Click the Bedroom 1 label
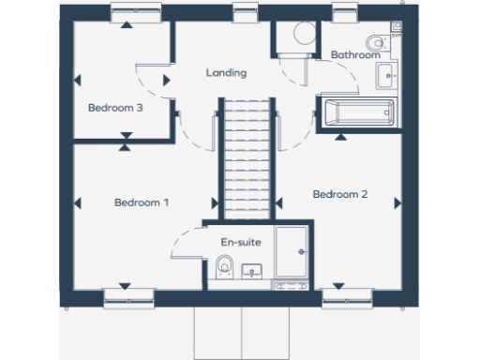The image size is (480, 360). point(142,202)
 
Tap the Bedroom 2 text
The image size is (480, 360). point(339,195)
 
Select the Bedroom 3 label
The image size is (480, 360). point(115,108)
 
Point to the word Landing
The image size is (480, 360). point(226,73)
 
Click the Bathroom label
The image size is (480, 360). point(354,55)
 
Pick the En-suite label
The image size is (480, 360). point(240,243)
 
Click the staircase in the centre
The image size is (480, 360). point(247,160)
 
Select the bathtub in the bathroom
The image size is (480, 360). point(357,112)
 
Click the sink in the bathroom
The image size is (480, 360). point(386,75)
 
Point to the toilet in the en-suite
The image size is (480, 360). point(223,269)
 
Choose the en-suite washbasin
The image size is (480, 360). point(251,272)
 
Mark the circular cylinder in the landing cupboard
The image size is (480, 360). point(303,34)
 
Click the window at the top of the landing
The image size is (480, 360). point(246,12)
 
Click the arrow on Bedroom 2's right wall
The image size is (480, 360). point(397,202)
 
